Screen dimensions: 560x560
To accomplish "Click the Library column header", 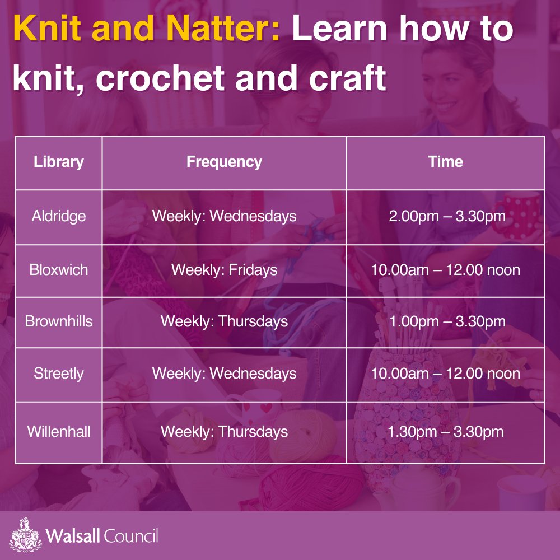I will (x=58, y=162).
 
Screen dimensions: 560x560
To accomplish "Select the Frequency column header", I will (x=224, y=162).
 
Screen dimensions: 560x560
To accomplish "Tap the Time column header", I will (x=445, y=162).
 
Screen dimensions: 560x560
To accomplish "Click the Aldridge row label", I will (x=58, y=216).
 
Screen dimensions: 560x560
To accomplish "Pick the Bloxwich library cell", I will (x=58, y=270).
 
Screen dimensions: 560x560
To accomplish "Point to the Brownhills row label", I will (x=58, y=322).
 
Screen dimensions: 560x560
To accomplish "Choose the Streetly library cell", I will (x=58, y=374).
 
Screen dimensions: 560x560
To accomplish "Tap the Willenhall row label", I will (x=58, y=432).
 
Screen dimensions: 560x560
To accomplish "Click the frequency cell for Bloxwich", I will (x=224, y=270).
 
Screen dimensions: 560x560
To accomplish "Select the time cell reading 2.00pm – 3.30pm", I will (x=445, y=216).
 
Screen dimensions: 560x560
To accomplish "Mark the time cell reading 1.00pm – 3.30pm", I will (x=445, y=322).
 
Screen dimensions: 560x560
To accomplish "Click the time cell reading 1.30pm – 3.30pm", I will (x=445, y=432).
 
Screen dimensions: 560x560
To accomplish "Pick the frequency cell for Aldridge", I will (x=224, y=216).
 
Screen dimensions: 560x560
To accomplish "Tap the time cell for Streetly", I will (x=445, y=374).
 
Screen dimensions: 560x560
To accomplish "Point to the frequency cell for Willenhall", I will (x=224, y=432).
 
